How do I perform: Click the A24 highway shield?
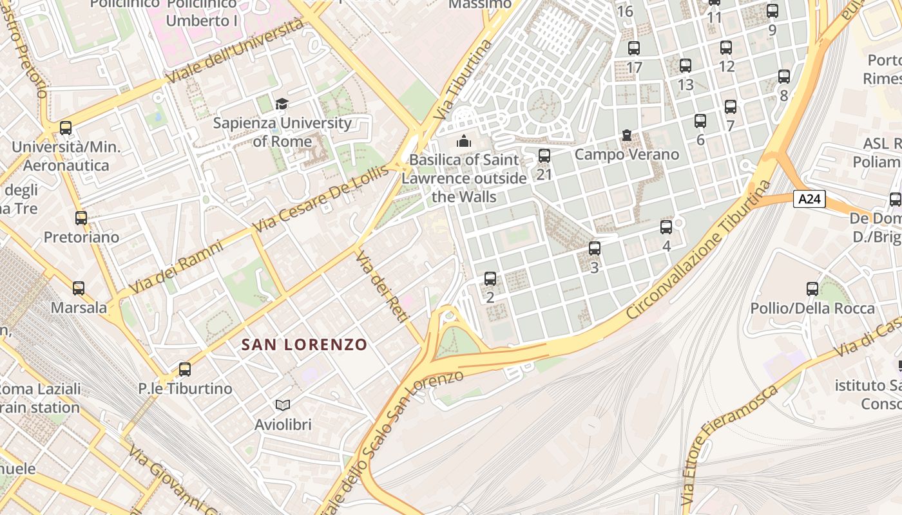pyautogui.click(x=809, y=199)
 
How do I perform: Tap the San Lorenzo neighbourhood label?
pyautogui.click(x=304, y=344)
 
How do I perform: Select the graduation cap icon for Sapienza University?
pyautogui.click(x=282, y=104)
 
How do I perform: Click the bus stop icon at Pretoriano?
pyautogui.click(x=81, y=218)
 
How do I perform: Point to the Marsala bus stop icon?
pyautogui.click(x=79, y=288)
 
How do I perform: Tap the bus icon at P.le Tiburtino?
pyautogui.click(x=185, y=369)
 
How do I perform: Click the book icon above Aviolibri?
pyautogui.click(x=283, y=405)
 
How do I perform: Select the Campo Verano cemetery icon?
pyautogui.click(x=627, y=135)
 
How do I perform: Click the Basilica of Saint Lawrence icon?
pyautogui.click(x=463, y=140)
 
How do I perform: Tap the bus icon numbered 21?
pyautogui.click(x=544, y=155)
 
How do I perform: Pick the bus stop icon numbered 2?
pyautogui.click(x=490, y=278)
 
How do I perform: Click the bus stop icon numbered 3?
pyautogui.click(x=595, y=248)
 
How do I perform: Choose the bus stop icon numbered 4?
pyautogui.click(x=666, y=227)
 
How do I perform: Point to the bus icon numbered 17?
pyautogui.click(x=634, y=48)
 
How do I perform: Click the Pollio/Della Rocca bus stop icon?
pyautogui.click(x=812, y=288)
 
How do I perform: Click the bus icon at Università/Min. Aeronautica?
pyautogui.click(x=66, y=127)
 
